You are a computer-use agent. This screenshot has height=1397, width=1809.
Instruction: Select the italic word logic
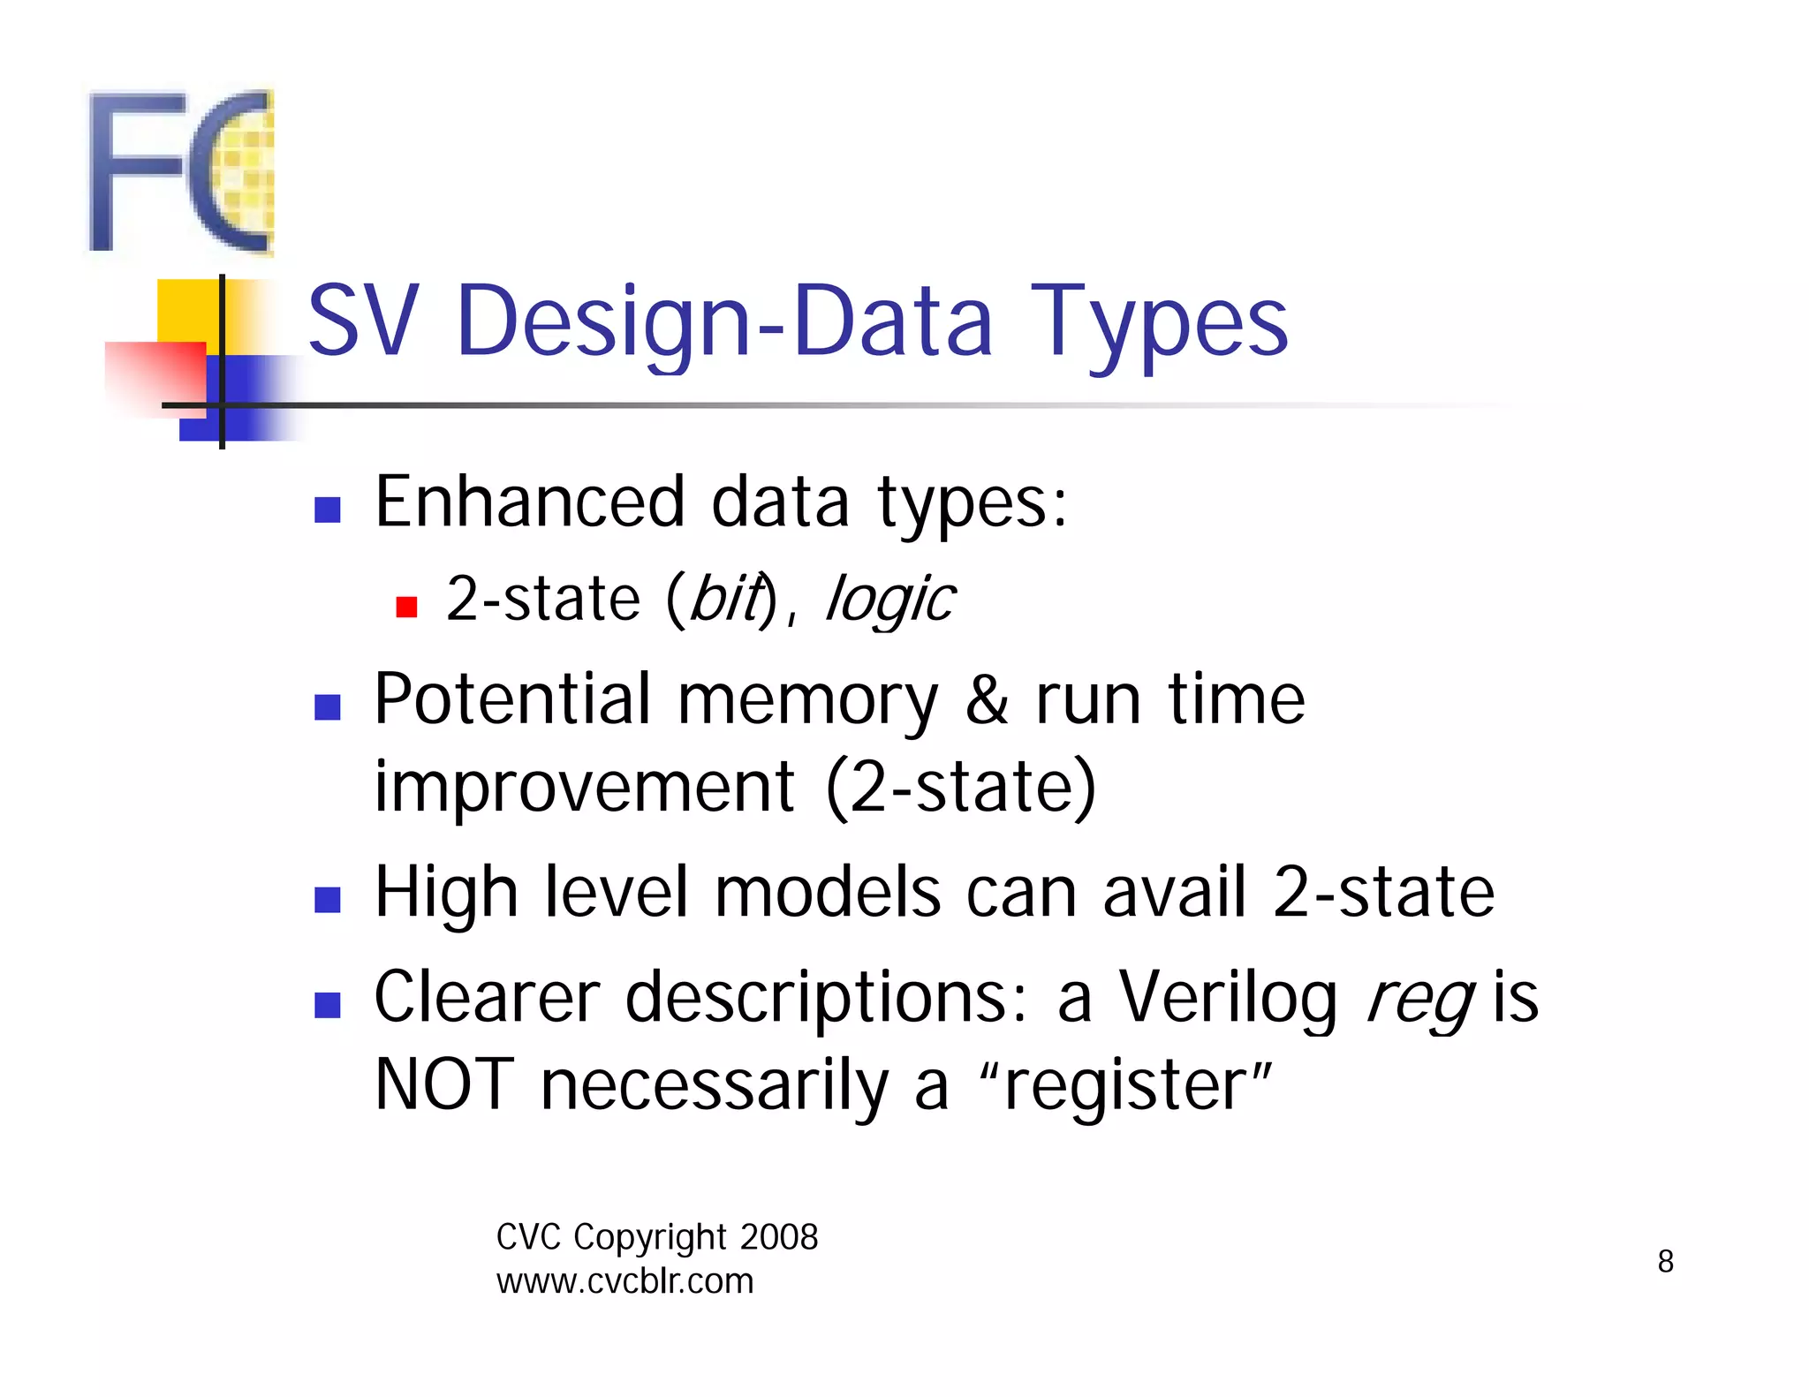[x=889, y=600]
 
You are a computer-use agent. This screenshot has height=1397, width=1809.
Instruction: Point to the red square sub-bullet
[x=406, y=607]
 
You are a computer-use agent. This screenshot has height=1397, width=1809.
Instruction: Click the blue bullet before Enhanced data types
[x=328, y=510]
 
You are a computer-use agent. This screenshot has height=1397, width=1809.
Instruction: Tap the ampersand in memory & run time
[x=986, y=699]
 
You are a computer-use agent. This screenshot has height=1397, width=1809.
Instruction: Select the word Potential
[x=512, y=699]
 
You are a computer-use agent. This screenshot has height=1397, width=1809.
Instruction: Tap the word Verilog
[x=1229, y=999]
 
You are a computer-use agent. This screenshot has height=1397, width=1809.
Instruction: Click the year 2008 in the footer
[x=779, y=1237]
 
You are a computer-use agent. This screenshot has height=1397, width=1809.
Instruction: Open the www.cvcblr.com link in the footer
[x=624, y=1281]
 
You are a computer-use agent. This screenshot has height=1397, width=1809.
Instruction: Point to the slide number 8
[x=1665, y=1261]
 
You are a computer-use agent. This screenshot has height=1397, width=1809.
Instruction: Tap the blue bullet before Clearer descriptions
[x=328, y=1005]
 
